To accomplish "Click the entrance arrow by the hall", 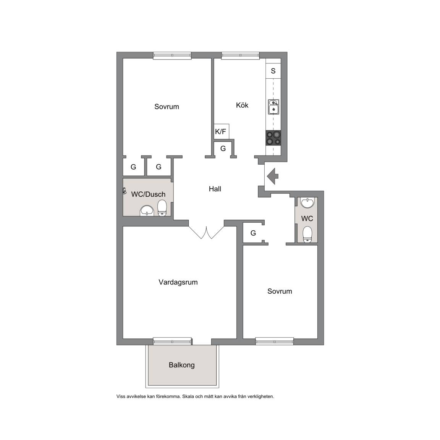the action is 272,176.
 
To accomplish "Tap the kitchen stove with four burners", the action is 273,138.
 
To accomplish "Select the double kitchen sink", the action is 273,107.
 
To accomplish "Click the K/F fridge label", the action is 220,131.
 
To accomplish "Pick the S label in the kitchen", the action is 273,71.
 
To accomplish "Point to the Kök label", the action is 242,105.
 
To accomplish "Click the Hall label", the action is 215,189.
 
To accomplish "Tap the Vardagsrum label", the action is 178,282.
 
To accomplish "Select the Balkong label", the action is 181,365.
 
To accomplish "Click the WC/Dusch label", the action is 148,194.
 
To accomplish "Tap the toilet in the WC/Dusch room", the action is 162,208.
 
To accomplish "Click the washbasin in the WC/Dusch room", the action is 147,211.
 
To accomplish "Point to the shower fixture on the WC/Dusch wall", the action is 124,191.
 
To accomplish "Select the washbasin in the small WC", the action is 307,202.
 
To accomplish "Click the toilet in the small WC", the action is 307,234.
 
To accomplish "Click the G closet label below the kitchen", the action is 223,149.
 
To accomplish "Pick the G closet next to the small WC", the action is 253,233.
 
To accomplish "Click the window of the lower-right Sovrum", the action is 275,341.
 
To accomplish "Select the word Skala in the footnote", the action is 188,396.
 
